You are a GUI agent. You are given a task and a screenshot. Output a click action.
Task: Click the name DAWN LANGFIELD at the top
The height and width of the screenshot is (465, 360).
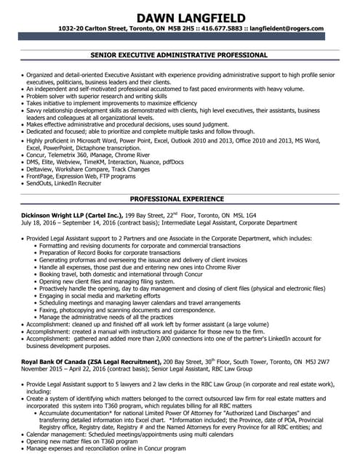coord(180,16)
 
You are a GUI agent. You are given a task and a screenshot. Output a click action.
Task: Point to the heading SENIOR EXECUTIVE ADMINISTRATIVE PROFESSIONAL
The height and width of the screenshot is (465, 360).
coord(180,54)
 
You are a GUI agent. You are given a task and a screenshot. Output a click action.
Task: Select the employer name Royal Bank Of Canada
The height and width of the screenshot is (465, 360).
coord(53,360)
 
